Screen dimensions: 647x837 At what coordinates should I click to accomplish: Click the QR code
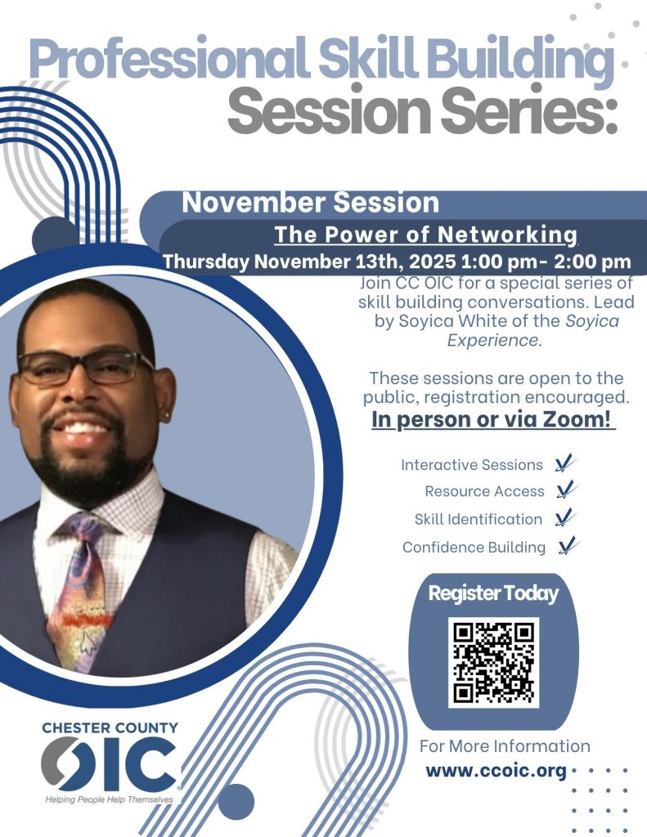coord(493,662)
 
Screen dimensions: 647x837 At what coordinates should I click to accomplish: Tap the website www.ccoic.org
coord(496,772)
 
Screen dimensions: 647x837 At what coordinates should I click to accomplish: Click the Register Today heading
coord(493,593)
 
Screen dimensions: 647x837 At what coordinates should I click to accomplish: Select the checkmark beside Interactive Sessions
coord(564,463)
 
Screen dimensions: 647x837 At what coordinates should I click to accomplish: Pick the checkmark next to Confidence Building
coord(568,545)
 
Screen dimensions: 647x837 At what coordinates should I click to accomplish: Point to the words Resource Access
coord(484,491)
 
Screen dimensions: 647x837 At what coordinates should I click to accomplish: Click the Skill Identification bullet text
coord(479,519)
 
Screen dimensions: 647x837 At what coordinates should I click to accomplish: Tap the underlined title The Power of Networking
coord(426,235)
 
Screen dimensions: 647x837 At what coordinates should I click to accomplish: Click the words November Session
coord(310,203)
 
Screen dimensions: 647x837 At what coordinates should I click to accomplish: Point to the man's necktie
coord(80,587)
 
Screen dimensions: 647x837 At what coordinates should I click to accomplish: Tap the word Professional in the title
coord(169,60)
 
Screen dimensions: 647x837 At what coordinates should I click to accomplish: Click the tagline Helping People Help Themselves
coord(109,799)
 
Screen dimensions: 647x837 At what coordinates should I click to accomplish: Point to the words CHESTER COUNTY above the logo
coord(110,727)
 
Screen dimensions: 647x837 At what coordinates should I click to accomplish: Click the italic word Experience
coord(494,341)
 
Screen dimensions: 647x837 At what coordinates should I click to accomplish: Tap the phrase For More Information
coord(505,745)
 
